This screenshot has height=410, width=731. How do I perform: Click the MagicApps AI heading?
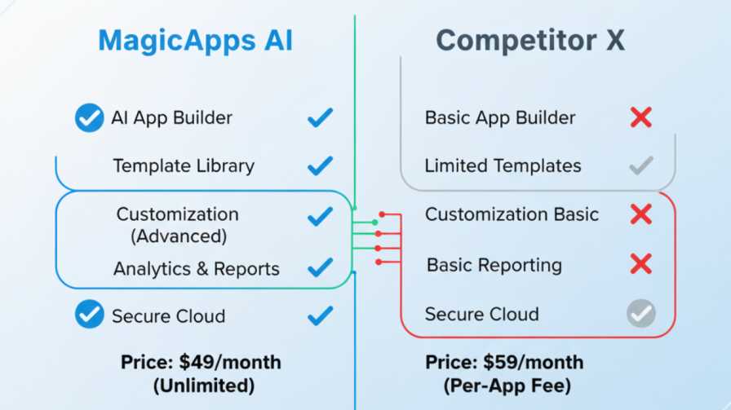click(x=195, y=40)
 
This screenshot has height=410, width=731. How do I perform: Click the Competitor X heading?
click(x=530, y=40)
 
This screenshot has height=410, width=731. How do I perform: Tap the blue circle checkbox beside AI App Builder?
click(x=89, y=117)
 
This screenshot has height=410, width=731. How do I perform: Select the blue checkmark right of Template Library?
click(x=321, y=165)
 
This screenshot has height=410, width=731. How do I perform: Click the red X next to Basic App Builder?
click(x=641, y=117)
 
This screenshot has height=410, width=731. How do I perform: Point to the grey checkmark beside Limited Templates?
click(x=641, y=165)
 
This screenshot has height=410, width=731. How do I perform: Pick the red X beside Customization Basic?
click(x=641, y=214)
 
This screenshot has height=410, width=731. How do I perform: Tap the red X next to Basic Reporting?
click(x=641, y=264)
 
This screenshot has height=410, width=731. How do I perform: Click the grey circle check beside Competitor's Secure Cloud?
click(x=641, y=313)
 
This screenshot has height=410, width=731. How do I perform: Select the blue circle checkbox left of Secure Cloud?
click(x=89, y=314)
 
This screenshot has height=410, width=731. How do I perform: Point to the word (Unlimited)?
click(x=204, y=386)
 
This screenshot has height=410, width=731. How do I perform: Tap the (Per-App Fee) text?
click(x=507, y=386)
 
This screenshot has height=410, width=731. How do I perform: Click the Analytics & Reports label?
click(x=197, y=269)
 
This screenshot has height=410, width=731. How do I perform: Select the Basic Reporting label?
click(x=494, y=265)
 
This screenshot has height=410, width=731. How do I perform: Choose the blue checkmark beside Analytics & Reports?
click(x=321, y=267)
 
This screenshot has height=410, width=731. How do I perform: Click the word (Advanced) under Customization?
click(x=179, y=236)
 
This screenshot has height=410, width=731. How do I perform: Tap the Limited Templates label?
click(x=503, y=165)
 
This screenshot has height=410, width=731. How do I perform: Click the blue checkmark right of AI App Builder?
click(x=321, y=117)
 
